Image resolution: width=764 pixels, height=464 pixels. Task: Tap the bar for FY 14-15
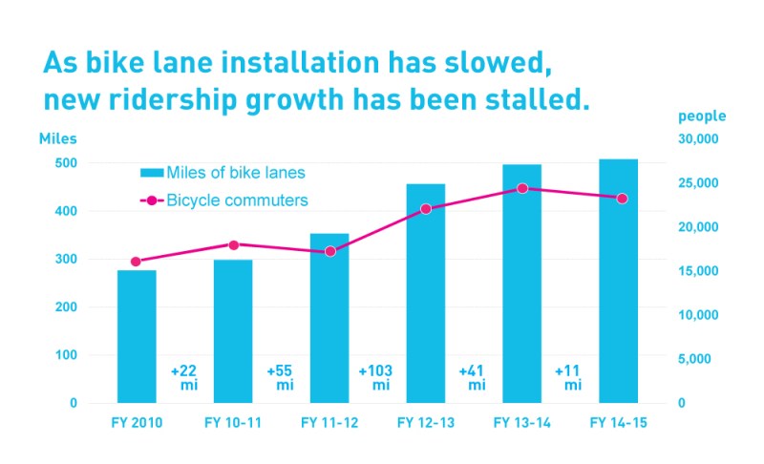(x=618, y=281)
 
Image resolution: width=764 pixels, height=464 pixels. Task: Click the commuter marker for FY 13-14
(x=522, y=188)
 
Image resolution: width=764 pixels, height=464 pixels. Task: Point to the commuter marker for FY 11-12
(x=330, y=251)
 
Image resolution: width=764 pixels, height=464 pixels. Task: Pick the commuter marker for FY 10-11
(x=234, y=244)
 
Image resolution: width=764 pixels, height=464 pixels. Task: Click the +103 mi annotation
(x=376, y=377)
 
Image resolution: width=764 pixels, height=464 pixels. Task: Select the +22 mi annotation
(x=184, y=377)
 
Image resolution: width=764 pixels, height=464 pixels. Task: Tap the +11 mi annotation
(x=569, y=377)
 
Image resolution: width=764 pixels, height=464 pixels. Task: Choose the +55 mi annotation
(x=281, y=377)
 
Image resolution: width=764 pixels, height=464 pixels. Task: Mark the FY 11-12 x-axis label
(x=329, y=422)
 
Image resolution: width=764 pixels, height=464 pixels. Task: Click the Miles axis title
(x=58, y=138)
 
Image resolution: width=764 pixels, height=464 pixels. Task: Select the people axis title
(x=702, y=116)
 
